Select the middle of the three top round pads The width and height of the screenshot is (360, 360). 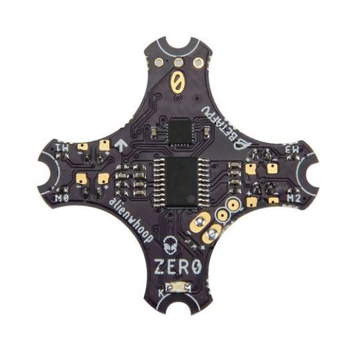point(179,60)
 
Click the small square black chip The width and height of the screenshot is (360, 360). point(180,131)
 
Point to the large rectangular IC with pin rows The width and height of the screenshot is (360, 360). point(180,179)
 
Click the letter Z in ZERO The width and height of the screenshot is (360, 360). point(161,267)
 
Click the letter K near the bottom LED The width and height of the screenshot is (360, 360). point(162,294)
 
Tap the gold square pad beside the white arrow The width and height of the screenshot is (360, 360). point(104,145)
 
